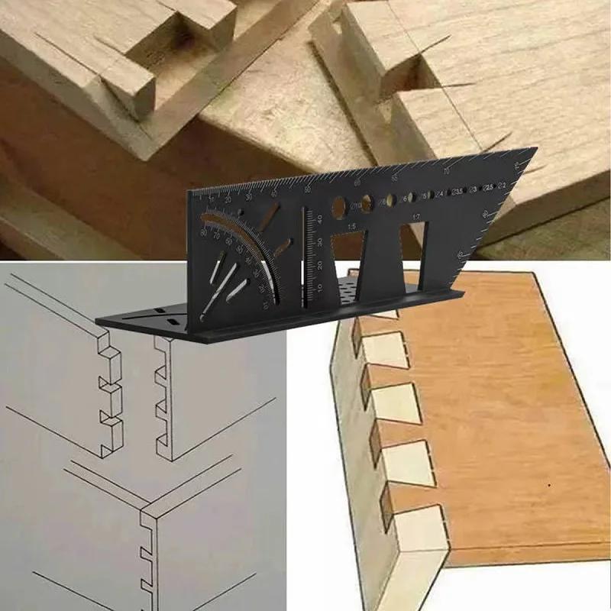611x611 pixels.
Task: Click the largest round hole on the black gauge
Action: (x=338, y=206)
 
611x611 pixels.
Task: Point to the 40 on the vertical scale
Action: (x=320, y=219)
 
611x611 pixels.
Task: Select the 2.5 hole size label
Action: (x=490, y=186)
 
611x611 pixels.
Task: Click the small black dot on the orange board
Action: (x=549, y=486)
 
